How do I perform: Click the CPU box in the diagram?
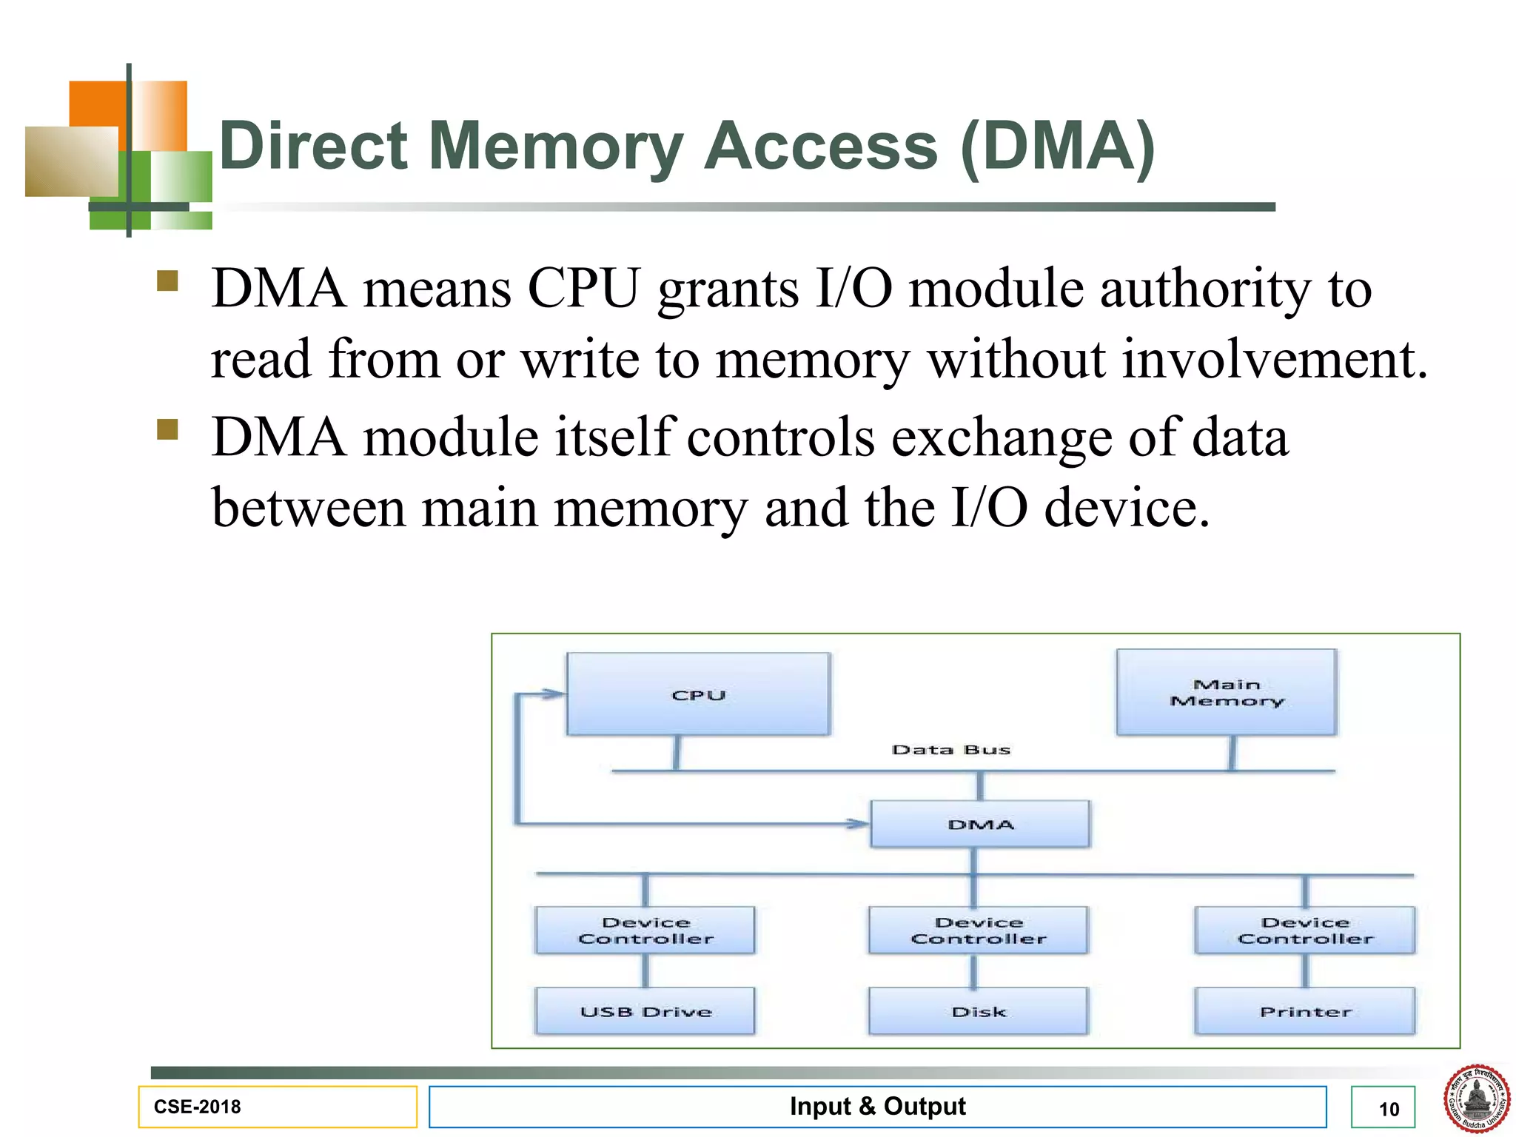[x=698, y=694]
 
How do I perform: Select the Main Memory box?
[x=1227, y=692]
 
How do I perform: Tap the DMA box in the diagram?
[x=980, y=824]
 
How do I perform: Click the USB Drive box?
[x=645, y=1011]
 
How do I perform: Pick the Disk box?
[x=979, y=1011]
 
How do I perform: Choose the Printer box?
[x=1305, y=1011]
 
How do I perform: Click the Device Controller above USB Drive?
[x=645, y=930]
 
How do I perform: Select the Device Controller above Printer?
[x=1305, y=930]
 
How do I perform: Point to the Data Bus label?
[x=950, y=750]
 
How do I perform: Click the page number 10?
[x=1389, y=1109]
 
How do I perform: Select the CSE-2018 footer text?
[x=197, y=1107]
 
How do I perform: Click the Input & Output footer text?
[x=877, y=1106]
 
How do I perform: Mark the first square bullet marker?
[x=168, y=281]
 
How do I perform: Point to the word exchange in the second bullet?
[x=1001, y=437]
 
